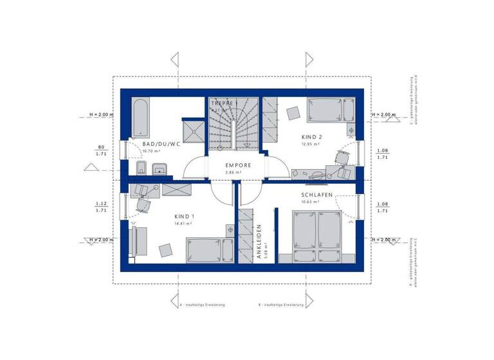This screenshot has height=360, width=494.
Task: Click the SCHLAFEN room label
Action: coord(315,194)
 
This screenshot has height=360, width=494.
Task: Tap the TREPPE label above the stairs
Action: coord(224,103)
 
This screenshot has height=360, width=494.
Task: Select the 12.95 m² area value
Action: coord(310,145)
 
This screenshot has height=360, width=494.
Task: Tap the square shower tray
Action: coord(193,133)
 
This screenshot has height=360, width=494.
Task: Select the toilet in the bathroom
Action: coord(142,169)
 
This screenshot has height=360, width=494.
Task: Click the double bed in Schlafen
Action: coord(316,235)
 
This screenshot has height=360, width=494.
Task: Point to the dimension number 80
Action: coord(101,147)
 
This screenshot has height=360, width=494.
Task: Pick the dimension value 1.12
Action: coord(101,203)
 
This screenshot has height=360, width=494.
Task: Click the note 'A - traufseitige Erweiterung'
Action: coord(203,305)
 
